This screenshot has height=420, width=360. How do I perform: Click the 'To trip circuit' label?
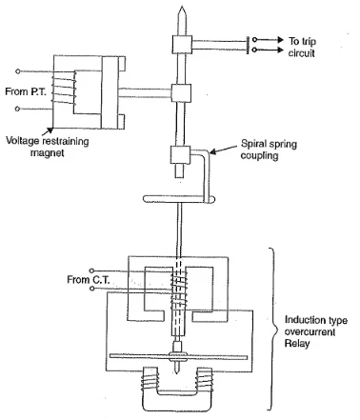[302, 47]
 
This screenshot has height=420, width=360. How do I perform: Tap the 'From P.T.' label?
[26, 91]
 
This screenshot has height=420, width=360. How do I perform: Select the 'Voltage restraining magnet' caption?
[48, 147]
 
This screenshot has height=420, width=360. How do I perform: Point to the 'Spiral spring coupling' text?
[269, 150]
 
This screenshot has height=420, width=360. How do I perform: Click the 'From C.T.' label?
[89, 280]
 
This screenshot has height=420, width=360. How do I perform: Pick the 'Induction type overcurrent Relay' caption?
[315, 331]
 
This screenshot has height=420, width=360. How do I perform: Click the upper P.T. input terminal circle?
[18, 71]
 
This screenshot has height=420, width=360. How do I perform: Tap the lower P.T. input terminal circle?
[18, 109]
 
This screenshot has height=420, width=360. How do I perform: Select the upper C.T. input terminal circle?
[91, 270]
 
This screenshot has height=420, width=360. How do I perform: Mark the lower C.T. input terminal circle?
[92, 289]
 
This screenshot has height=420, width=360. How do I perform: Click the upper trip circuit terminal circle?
[254, 40]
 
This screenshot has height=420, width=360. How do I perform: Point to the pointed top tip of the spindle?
[182, 6]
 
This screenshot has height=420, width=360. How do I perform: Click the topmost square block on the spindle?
[182, 45]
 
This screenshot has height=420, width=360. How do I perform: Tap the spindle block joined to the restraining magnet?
[181, 93]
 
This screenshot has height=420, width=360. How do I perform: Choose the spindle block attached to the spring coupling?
[180, 155]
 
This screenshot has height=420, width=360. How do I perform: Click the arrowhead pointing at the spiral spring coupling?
[213, 151]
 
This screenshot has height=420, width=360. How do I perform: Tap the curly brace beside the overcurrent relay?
[272, 329]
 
